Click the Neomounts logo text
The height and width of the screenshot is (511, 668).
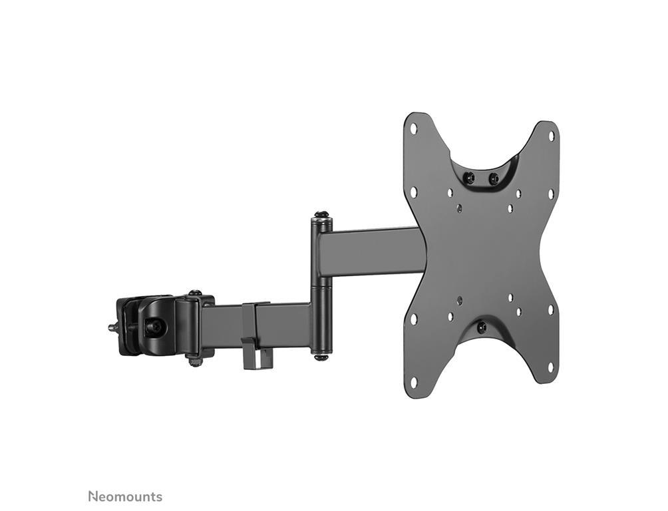tap(125, 496)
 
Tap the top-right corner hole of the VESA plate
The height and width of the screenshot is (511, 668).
tap(551, 136)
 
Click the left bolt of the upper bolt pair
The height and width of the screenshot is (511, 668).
tap(470, 176)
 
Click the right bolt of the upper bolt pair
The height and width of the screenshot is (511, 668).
tap(494, 177)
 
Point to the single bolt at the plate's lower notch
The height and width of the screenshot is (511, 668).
tap(482, 327)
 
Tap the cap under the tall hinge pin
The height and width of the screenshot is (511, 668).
tap(320, 356)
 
